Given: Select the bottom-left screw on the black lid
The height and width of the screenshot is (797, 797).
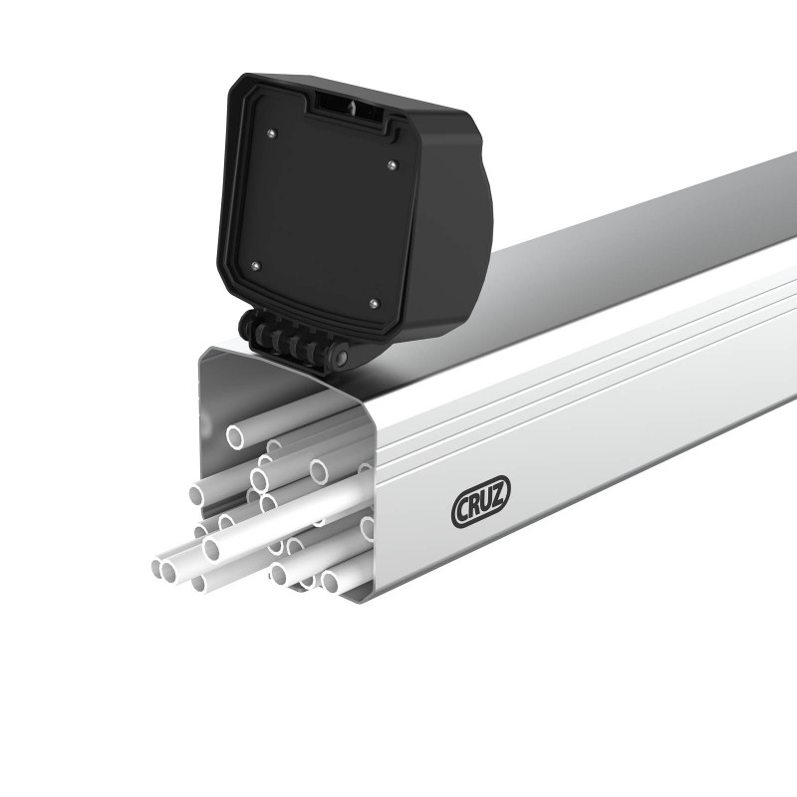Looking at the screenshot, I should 256,266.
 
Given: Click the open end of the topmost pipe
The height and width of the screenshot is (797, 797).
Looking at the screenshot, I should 236,435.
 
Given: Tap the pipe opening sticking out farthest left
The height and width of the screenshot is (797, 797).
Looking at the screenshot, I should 162,569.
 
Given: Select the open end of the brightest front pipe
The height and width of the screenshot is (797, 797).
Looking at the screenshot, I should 211,548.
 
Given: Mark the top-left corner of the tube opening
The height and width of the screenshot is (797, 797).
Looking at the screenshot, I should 203,350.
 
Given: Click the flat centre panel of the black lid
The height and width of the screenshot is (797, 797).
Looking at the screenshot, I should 324,214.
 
